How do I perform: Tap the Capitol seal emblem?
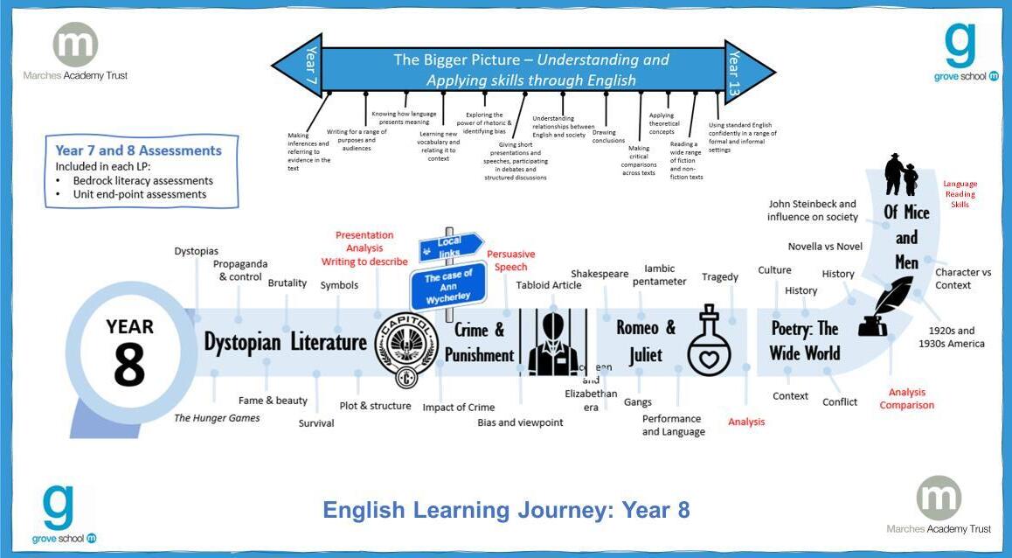point(406,350)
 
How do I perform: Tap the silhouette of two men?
point(901,175)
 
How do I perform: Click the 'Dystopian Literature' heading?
point(286,342)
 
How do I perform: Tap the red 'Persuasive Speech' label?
point(510,261)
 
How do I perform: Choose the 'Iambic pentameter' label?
point(665,275)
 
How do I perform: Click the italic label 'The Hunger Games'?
point(217,418)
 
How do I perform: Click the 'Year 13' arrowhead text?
point(736,71)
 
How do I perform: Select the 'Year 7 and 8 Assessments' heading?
point(139,150)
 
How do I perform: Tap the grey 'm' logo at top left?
point(75,45)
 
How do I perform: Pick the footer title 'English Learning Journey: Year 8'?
point(506,510)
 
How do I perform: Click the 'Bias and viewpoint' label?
point(520,422)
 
